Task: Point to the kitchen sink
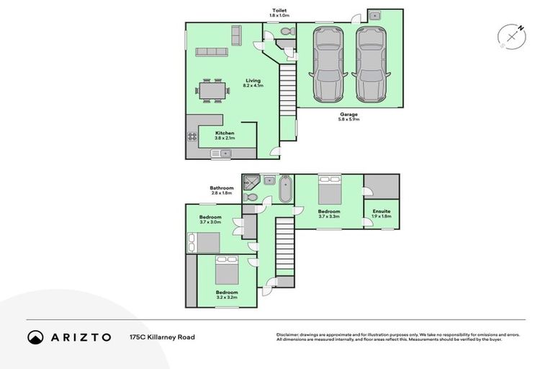220,154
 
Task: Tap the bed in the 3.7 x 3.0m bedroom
204,242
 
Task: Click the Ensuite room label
382,211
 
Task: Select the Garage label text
349,114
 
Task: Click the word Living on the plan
252,81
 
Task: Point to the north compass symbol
512,36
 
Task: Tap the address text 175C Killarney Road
162,337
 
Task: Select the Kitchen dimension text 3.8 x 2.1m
225,140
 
